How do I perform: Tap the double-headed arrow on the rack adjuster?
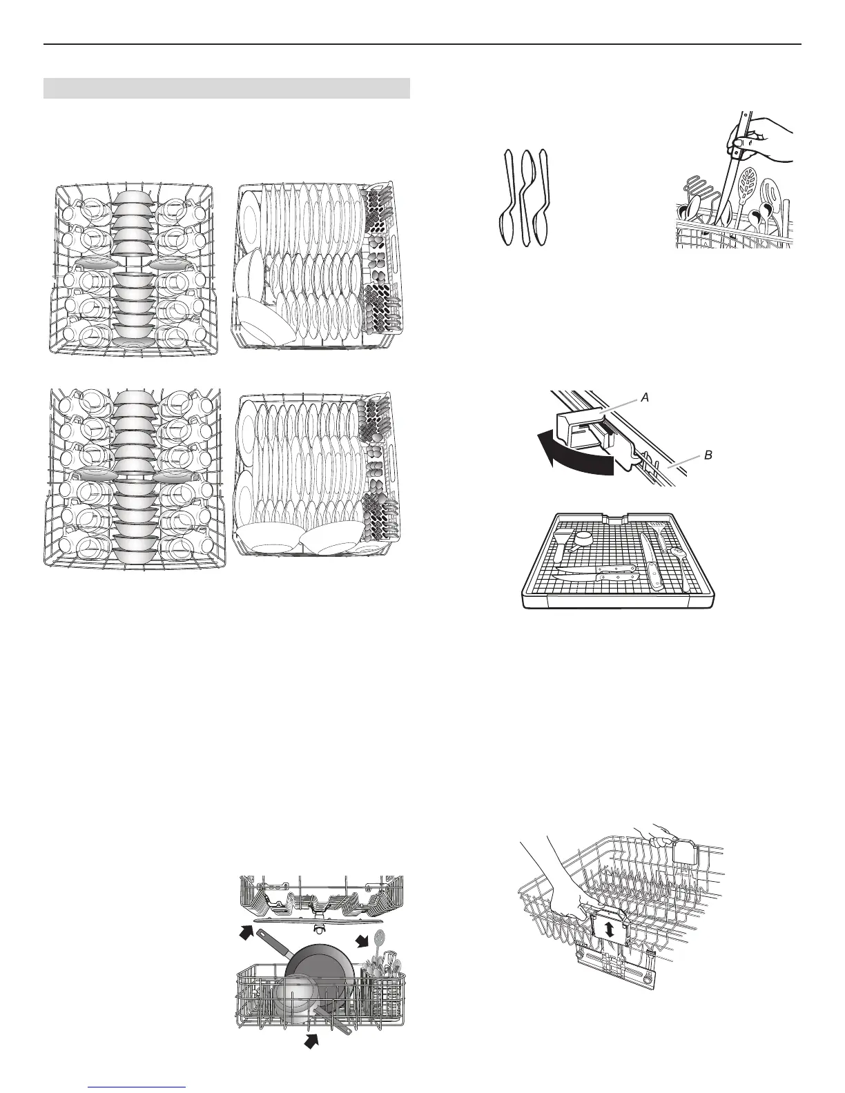[x=609, y=929]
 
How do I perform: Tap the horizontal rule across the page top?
[x=422, y=45]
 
